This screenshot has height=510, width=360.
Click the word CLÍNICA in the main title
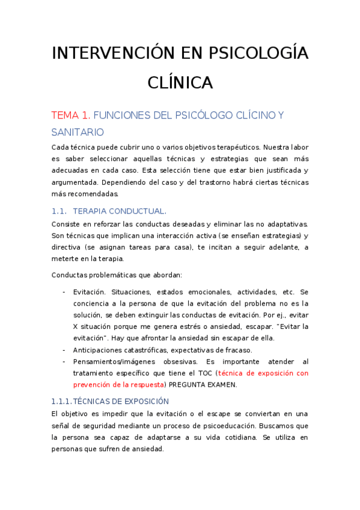click(180, 82)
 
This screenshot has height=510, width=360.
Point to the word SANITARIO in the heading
click(77, 132)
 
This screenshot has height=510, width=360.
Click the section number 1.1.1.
click(62, 401)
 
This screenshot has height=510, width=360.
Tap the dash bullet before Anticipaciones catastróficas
click(64, 350)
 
